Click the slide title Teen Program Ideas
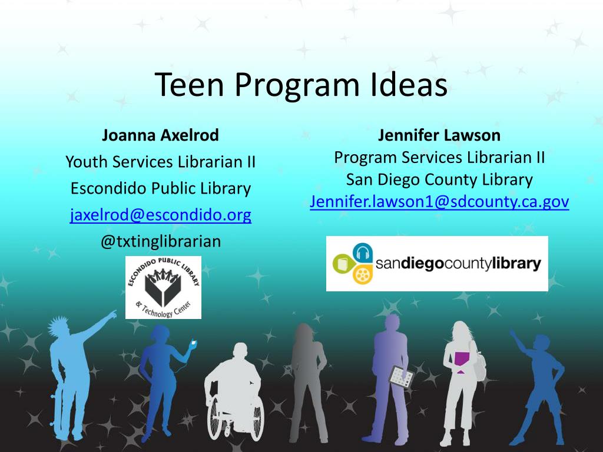[x=301, y=85]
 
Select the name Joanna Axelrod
[x=160, y=135]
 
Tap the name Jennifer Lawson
[x=439, y=135]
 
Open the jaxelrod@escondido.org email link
[x=160, y=215]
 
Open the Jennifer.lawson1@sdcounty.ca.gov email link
[x=439, y=202]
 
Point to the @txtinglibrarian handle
[x=160, y=241]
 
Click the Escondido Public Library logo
[x=163, y=287]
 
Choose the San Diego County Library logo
[x=437, y=264]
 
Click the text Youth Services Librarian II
[x=160, y=162]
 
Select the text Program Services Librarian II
[x=439, y=158]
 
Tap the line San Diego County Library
[x=439, y=180]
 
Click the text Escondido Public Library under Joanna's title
[x=160, y=188]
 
